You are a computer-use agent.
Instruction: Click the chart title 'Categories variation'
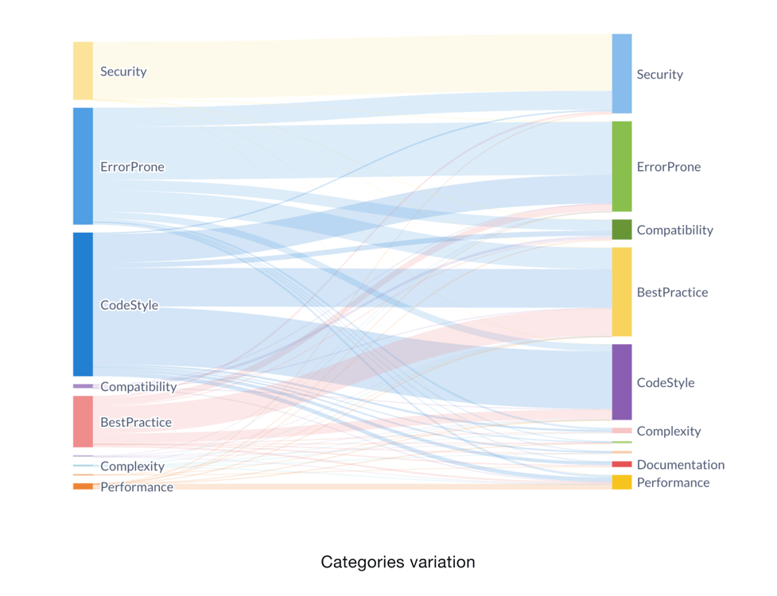[398, 562]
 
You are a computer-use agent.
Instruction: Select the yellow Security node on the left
[83, 71]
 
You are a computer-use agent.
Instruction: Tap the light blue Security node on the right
[621, 74]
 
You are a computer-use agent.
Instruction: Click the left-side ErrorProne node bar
[83, 166]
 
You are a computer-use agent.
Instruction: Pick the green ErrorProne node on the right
[621, 166]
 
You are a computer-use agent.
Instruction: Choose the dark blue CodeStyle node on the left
[83, 304]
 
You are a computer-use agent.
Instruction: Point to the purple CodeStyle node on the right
[621, 382]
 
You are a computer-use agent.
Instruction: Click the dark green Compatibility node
[621, 230]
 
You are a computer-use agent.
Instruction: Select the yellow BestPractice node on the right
[621, 292]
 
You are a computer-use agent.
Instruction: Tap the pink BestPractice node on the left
[83, 422]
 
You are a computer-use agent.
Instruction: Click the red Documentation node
[621, 464]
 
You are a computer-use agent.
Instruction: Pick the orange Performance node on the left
[83, 486]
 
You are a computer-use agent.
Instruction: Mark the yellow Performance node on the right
[621, 482]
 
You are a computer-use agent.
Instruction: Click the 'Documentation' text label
[680, 465]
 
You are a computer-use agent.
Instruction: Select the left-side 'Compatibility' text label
[138, 387]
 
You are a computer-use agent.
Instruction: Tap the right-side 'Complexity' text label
[668, 432]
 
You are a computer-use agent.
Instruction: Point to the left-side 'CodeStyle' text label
[129, 305]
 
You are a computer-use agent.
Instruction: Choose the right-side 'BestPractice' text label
[672, 292]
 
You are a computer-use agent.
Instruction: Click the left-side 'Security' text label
[123, 72]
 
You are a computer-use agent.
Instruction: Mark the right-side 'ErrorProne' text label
[668, 167]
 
